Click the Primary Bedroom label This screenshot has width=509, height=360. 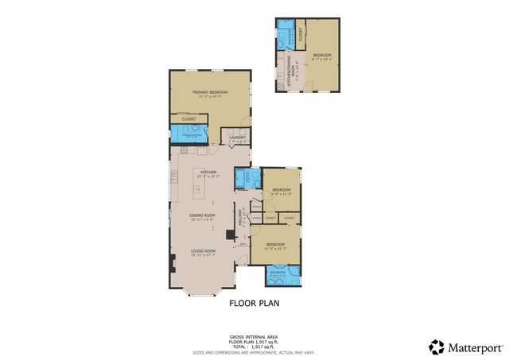pyautogui.click(x=210, y=94)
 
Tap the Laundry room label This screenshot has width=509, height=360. pyautogui.click(x=236, y=138)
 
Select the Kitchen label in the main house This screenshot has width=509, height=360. pyautogui.click(x=208, y=172)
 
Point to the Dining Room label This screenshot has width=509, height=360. pyautogui.click(x=203, y=215)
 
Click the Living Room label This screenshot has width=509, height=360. pyautogui.click(x=203, y=252)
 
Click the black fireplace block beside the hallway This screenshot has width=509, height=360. pyautogui.click(x=229, y=235)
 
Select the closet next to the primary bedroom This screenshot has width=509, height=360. pyautogui.click(x=188, y=119)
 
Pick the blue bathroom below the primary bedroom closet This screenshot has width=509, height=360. pyautogui.click(x=189, y=134)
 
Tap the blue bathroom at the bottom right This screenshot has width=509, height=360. pyautogui.click(x=282, y=273)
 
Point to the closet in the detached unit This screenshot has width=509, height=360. pyautogui.click(x=300, y=34)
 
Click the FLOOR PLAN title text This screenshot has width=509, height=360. pyautogui.click(x=254, y=303)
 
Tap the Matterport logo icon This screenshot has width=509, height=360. pyautogui.click(x=437, y=346)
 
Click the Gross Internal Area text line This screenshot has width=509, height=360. pyautogui.click(x=254, y=336)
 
